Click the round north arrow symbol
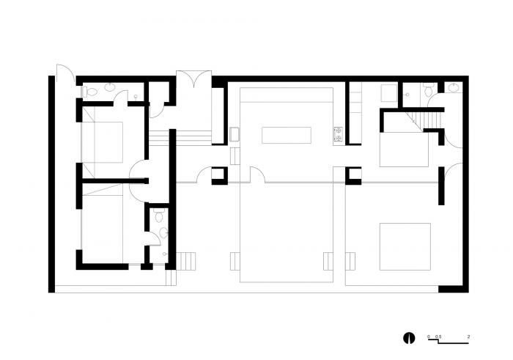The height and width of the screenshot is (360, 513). pyautogui.click(x=409, y=338)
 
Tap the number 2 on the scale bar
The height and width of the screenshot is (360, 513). pyautogui.click(x=468, y=337)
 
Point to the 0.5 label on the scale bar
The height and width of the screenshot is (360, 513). pyautogui.click(x=438, y=337)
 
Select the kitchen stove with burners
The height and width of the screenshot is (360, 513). pyautogui.click(x=338, y=136)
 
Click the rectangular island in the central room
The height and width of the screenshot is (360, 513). pyautogui.click(x=287, y=135)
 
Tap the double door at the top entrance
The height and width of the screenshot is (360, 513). pyautogui.click(x=193, y=79)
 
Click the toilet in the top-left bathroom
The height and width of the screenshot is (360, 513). pyautogui.click(x=89, y=92)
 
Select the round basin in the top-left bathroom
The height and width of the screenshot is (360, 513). pyautogui.click(x=110, y=87)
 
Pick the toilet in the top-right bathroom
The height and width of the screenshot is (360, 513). pyautogui.click(x=428, y=89)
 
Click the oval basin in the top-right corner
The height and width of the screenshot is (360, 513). pyautogui.click(x=454, y=87)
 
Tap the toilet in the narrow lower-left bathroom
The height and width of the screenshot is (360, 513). pyautogui.click(x=159, y=216)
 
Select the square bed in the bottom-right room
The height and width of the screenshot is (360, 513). pyautogui.click(x=405, y=247)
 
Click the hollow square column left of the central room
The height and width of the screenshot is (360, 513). pyautogui.click(x=219, y=176)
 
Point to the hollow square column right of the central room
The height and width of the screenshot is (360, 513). pyautogui.click(x=353, y=176)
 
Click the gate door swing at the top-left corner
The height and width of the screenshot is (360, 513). pyautogui.click(x=66, y=73)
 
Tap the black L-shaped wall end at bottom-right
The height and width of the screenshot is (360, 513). pyautogui.click(x=454, y=289)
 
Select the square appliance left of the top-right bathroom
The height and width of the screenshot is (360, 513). pyautogui.click(x=389, y=93)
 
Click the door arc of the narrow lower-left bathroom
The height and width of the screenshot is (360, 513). pyautogui.click(x=153, y=238)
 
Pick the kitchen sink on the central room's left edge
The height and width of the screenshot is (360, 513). pyautogui.click(x=235, y=134)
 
